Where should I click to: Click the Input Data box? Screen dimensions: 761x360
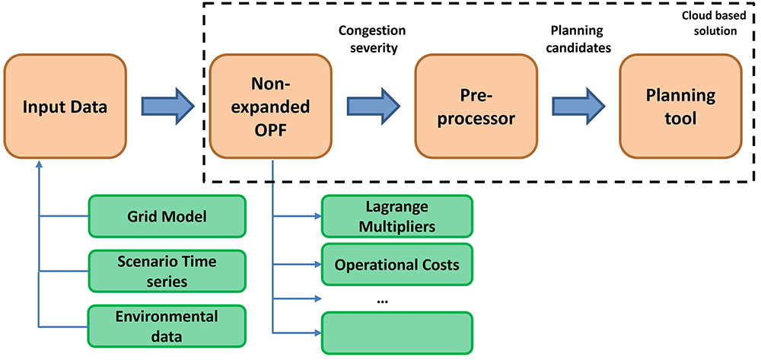tap(65, 106)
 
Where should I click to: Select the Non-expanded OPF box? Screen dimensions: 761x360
tap(270, 106)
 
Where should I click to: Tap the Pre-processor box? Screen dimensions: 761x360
tap(476, 106)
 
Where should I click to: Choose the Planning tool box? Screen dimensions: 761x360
tap(680, 106)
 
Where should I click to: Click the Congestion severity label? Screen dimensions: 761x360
tap(372, 40)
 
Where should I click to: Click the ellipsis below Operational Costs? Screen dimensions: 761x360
tap(381, 301)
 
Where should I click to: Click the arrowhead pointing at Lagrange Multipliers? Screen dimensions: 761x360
tap(318, 216)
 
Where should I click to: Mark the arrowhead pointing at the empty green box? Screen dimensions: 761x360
tap(318, 333)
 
